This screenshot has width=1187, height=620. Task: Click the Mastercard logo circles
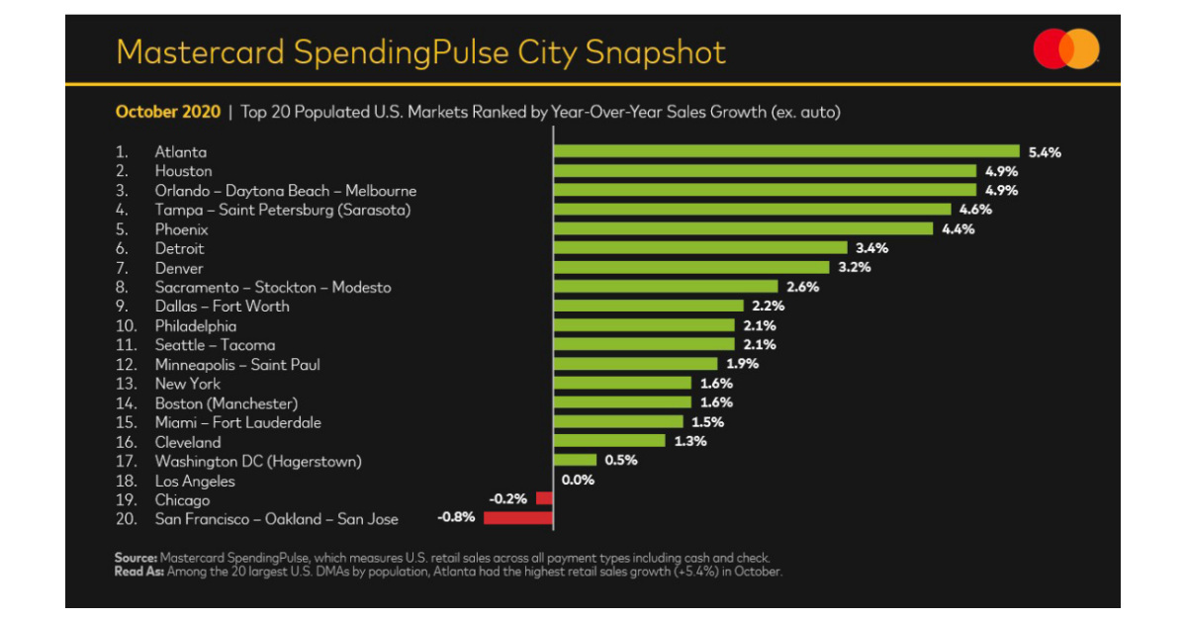[x=1066, y=49]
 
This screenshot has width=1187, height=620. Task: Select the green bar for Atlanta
[x=785, y=151]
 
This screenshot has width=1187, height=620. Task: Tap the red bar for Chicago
[x=543, y=499]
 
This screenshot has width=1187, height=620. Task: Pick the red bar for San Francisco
[x=517, y=518]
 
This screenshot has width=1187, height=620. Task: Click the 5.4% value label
[x=1045, y=151]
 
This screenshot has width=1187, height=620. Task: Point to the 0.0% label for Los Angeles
[x=577, y=481]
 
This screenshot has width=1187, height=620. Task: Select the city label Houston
[x=183, y=171]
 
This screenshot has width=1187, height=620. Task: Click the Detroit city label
[x=179, y=248]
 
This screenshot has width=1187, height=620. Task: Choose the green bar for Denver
[x=690, y=267]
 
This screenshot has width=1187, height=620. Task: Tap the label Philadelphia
[x=195, y=325]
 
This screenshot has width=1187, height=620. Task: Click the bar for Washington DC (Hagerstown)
[x=575, y=461]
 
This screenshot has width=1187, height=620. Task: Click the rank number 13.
[x=126, y=384]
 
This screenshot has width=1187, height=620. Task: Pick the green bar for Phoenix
[x=742, y=228]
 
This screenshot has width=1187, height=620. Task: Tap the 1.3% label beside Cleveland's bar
[x=690, y=441]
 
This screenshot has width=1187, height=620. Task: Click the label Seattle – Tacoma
[x=215, y=345]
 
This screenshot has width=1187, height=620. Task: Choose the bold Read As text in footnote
[x=139, y=572]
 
